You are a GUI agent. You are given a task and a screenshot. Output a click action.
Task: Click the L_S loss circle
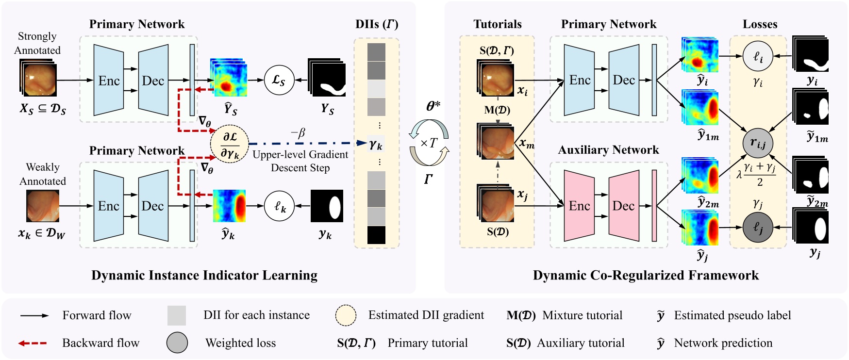(x=279, y=80)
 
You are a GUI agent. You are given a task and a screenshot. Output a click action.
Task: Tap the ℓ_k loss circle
(x=279, y=206)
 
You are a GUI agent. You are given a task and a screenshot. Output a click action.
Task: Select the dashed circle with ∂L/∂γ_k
(x=229, y=144)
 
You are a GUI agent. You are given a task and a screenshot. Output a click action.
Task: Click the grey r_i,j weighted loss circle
(x=757, y=143)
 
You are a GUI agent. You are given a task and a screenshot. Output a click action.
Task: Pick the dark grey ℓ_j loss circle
(x=757, y=227)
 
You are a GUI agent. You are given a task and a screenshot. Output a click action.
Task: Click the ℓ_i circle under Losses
(x=757, y=56)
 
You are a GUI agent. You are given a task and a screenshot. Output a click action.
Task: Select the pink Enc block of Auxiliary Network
(x=579, y=206)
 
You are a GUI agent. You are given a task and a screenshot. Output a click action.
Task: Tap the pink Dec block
(x=623, y=206)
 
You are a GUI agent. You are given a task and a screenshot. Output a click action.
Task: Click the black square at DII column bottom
(x=376, y=235)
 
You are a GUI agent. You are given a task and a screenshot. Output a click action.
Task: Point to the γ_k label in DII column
(x=376, y=144)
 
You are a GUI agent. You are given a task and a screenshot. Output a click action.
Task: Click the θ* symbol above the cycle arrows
(x=433, y=106)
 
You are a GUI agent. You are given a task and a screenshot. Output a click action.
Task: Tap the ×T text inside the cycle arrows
(x=429, y=143)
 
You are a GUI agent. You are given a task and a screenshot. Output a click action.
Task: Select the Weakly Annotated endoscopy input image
(x=43, y=206)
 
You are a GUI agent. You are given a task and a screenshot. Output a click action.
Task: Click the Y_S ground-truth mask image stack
(x=327, y=78)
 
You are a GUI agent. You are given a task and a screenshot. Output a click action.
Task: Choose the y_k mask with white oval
(x=327, y=206)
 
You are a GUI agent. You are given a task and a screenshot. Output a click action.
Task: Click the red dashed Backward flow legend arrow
(x=33, y=343)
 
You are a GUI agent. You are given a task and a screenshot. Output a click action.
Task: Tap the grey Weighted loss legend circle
(x=177, y=343)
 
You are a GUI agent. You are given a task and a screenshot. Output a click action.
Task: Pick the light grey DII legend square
(x=177, y=315)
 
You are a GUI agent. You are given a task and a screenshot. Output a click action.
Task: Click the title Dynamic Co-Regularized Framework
(x=646, y=276)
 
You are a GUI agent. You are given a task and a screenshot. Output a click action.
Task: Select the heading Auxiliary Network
(x=608, y=150)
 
